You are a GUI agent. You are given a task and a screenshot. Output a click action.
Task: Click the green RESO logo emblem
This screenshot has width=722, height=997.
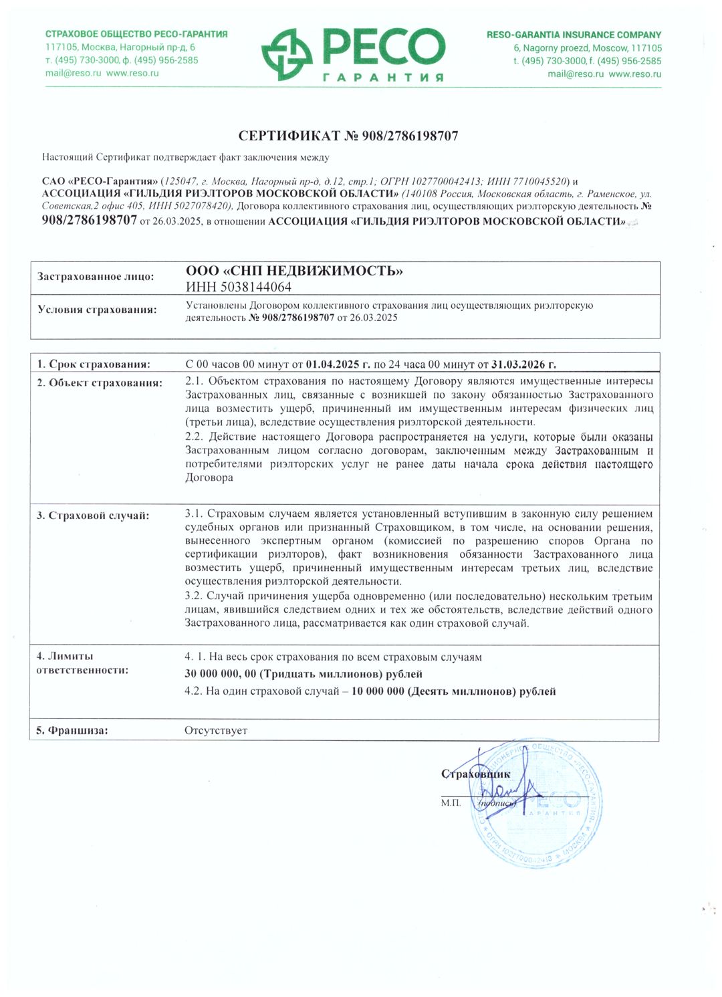tap(287, 55)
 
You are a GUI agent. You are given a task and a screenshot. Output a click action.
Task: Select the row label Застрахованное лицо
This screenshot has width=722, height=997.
tap(96, 277)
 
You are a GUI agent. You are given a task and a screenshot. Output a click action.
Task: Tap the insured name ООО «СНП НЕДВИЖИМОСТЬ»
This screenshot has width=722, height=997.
tap(294, 271)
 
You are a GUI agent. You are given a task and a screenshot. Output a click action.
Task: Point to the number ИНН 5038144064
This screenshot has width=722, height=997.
tap(239, 288)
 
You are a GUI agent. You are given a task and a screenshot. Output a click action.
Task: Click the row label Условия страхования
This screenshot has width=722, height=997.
tap(98, 310)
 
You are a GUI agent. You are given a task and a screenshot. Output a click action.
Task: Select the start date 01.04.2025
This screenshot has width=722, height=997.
tap(338, 364)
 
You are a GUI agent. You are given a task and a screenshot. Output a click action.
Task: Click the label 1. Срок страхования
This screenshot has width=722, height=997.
tap(94, 364)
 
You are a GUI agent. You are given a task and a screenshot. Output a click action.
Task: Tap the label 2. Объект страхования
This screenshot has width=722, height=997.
tap(100, 383)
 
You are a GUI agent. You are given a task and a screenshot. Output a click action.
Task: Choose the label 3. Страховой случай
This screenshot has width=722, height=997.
tap(93, 516)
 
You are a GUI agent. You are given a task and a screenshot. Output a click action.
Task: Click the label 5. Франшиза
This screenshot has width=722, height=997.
tap(72, 731)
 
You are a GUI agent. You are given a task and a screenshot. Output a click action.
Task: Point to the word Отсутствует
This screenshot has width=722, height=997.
tap(216, 731)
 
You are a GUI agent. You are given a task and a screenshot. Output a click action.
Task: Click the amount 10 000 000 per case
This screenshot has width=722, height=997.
tap(378, 691)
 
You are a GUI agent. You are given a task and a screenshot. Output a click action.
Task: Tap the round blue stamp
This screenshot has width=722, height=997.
tap(538, 806)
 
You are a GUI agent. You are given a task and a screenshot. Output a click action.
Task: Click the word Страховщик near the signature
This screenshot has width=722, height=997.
tap(475, 774)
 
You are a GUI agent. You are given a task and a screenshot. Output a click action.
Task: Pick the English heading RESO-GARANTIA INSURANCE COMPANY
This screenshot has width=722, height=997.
tap(574, 35)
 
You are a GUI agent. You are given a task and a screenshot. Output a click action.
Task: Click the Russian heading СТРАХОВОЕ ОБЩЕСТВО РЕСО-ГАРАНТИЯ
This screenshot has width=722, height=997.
tap(136, 34)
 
